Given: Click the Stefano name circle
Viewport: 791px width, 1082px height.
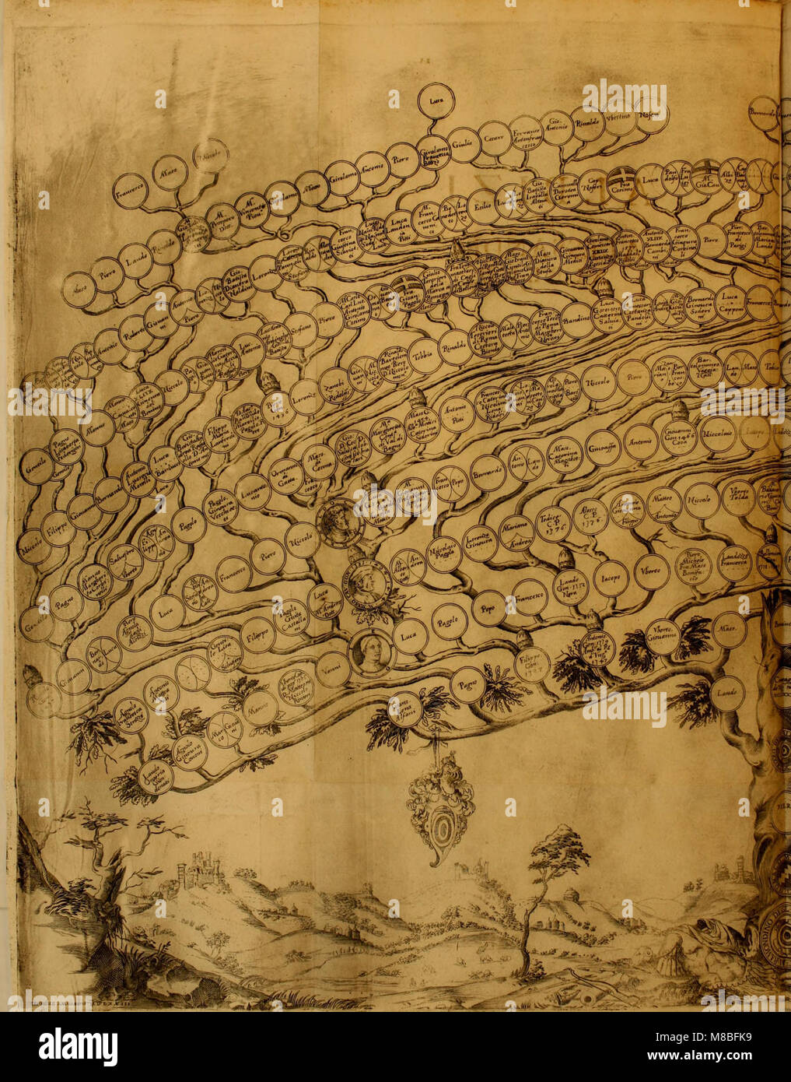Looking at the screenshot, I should click(x=300, y=330).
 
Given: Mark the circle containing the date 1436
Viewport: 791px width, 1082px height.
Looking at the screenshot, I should click(x=278, y=407).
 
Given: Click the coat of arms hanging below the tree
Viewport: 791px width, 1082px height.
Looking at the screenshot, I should click(x=440, y=806).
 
